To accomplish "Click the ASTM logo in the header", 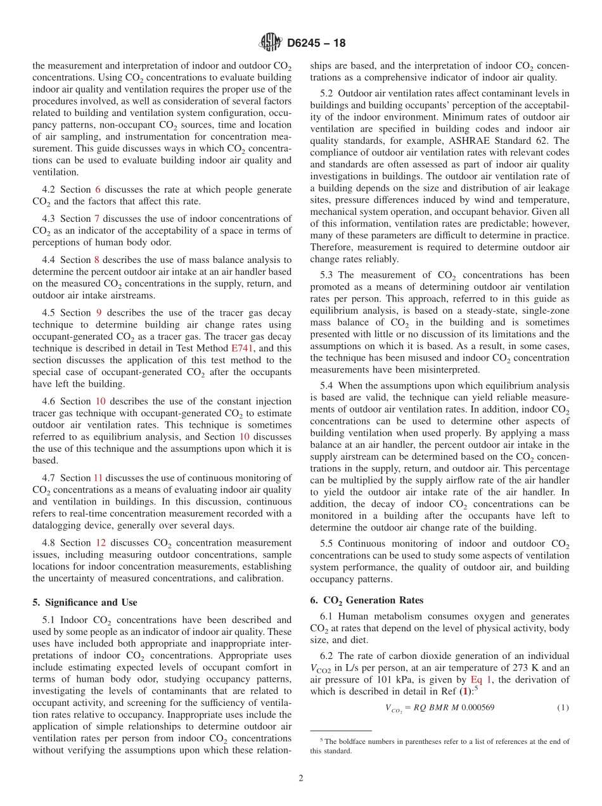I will point(271,43).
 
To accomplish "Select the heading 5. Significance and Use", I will point(84,602).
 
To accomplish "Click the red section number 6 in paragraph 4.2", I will point(98,189).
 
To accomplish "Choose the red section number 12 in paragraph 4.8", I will point(101,542).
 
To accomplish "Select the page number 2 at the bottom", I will point(300,778).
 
